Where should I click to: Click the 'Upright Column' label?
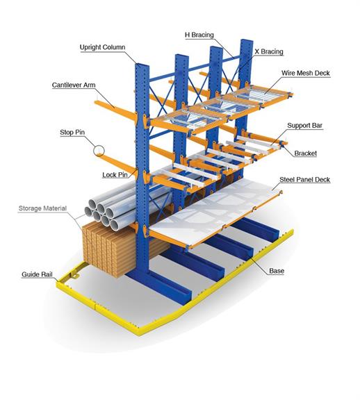tap(102, 47)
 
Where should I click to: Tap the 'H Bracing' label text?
tap(199, 35)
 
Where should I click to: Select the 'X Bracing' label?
tap(269, 51)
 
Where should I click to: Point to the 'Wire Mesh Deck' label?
tap(306, 73)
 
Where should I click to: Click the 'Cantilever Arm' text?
tap(74, 85)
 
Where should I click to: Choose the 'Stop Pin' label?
tap(72, 133)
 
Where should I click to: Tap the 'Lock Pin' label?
tap(115, 175)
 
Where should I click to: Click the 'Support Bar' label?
tap(304, 126)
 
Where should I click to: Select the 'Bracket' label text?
tap(305, 153)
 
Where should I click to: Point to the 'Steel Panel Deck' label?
tap(304, 180)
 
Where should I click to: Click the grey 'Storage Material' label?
tap(42, 208)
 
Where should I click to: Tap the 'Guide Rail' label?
tap(37, 274)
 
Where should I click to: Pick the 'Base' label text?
tap(277, 271)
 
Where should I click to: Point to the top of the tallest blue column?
tap(247, 41)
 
